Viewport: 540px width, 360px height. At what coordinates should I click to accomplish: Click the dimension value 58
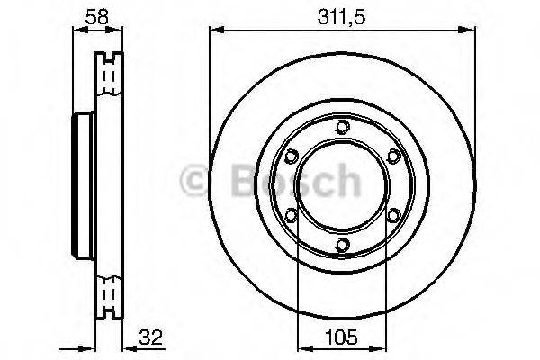[97, 16]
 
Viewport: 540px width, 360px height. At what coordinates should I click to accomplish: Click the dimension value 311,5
[341, 17]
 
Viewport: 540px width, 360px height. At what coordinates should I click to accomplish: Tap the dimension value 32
[150, 337]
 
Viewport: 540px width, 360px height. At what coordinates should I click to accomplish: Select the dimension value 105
[341, 337]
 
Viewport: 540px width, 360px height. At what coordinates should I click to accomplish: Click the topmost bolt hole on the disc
[342, 127]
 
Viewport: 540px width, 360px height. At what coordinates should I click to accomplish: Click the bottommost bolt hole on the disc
[342, 245]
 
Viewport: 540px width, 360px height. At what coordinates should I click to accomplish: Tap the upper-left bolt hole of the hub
[292, 156]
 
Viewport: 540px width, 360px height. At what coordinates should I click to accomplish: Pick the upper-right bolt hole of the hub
[393, 156]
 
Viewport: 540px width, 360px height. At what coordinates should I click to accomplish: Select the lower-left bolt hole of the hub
[292, 216]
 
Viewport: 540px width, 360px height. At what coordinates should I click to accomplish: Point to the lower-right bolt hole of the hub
[393, 216]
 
